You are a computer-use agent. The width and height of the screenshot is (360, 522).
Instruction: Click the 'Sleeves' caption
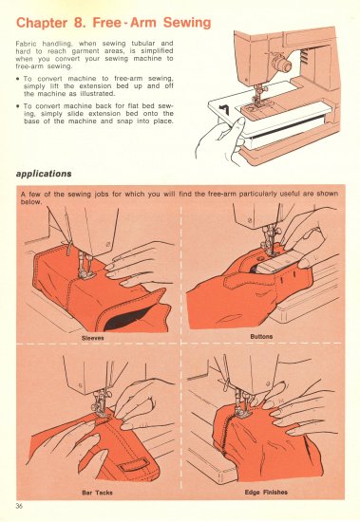(92, 336)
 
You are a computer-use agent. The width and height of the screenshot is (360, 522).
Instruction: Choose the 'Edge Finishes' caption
(266, 492)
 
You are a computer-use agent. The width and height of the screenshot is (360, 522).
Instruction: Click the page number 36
(19, 503)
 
